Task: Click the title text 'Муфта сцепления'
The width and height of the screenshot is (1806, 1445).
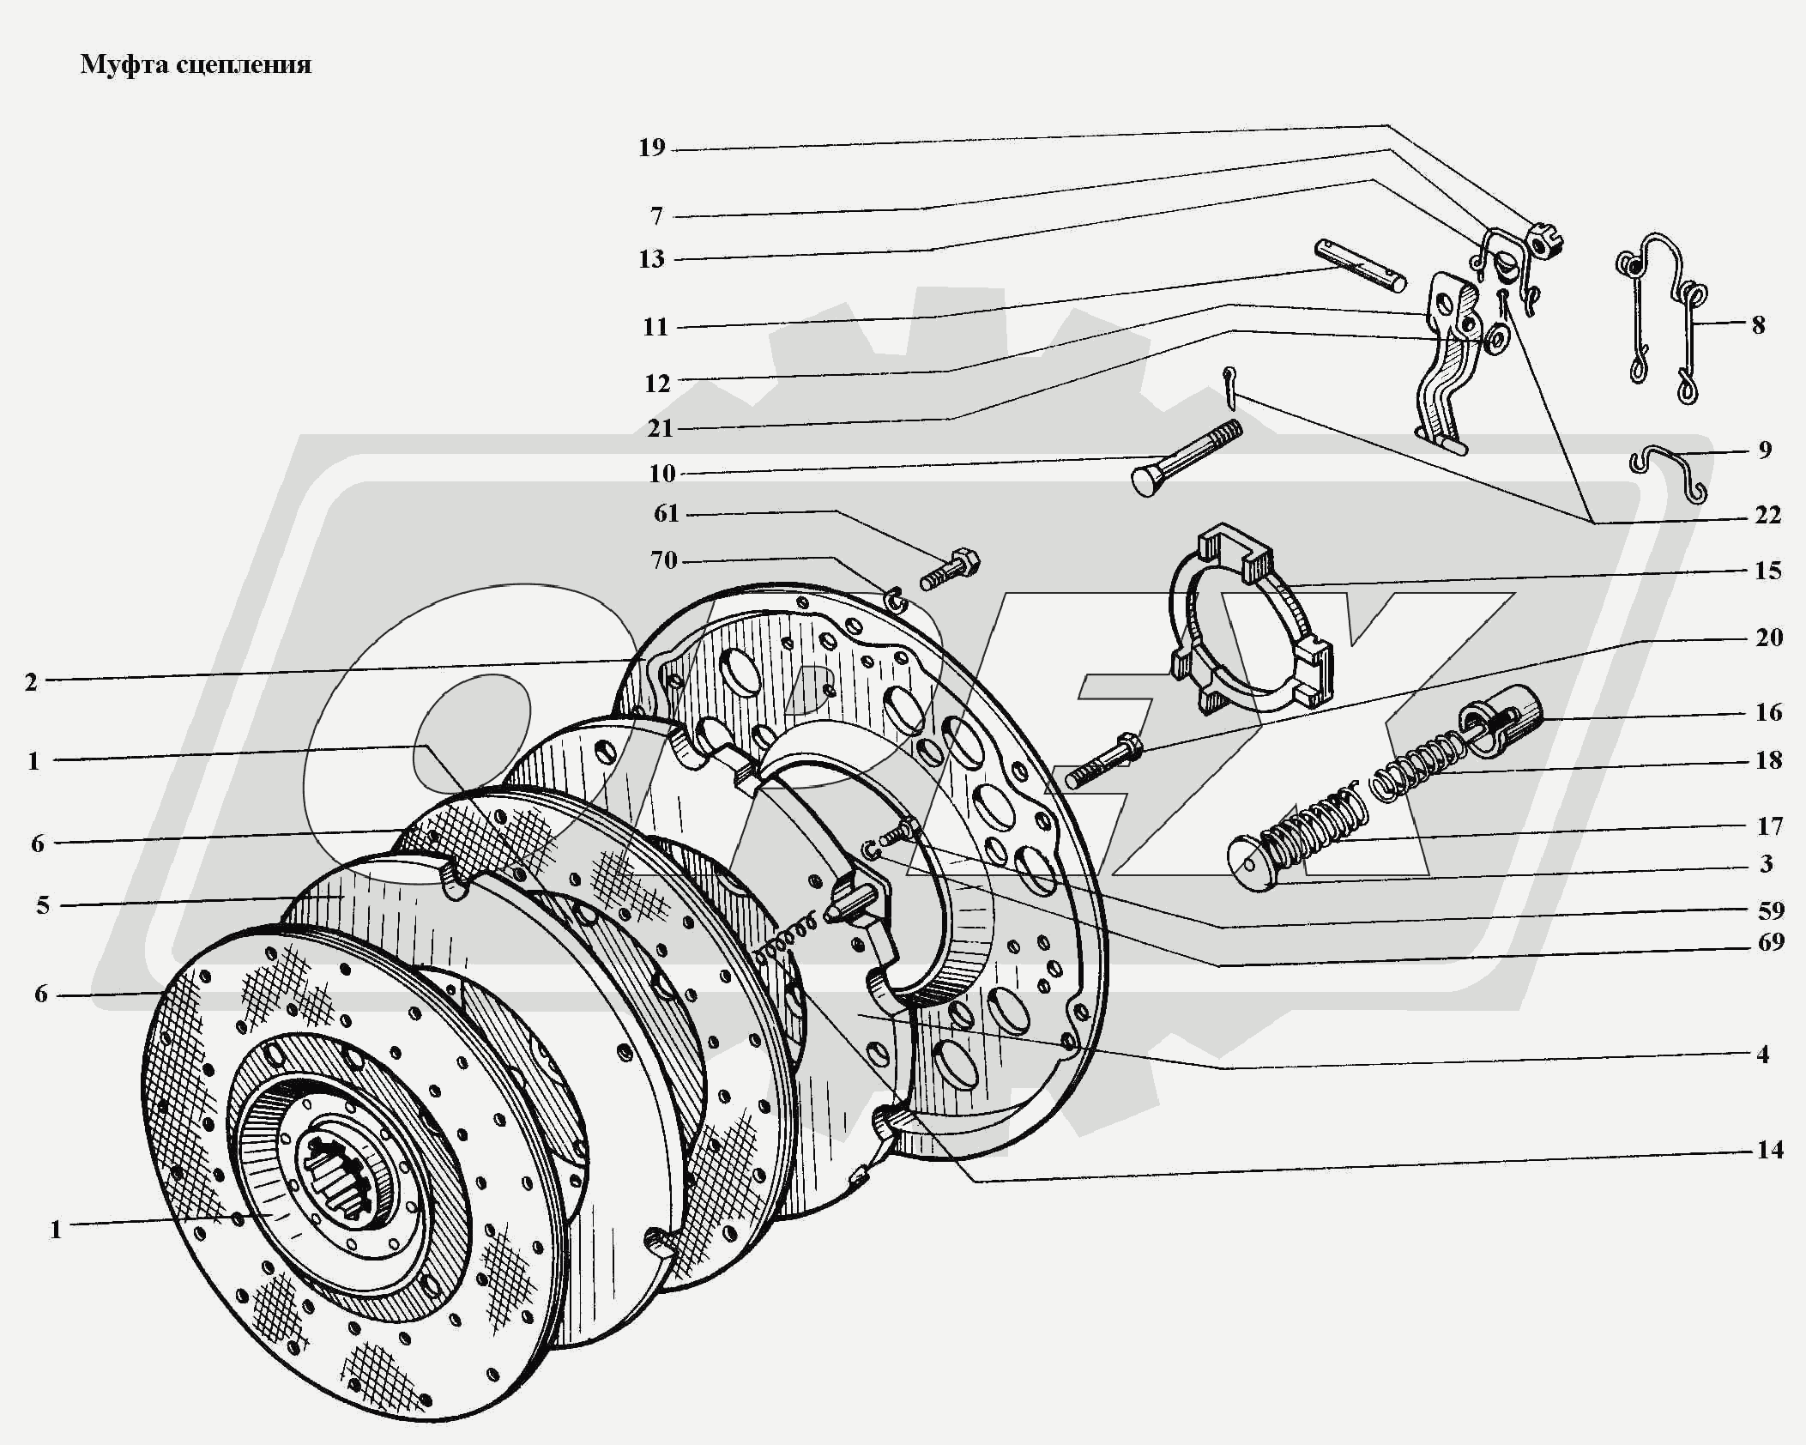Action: [196, 65]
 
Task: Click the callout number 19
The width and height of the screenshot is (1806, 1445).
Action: [652, 148]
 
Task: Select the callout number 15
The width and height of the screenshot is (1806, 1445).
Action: [1768, 571]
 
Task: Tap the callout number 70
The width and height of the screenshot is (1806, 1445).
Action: [664, 560]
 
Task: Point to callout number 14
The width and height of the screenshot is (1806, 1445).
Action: [1770, 1149]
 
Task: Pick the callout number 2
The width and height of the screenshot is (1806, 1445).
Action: [32, 682]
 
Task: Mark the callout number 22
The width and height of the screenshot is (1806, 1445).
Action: [1768, 515]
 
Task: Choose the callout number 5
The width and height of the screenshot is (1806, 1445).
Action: [43, 905]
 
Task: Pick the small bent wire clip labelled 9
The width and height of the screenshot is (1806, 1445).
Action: [1667, 471]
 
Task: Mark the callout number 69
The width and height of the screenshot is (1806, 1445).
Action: [1770, 942]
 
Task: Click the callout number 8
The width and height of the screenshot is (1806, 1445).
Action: [1758, 325]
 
